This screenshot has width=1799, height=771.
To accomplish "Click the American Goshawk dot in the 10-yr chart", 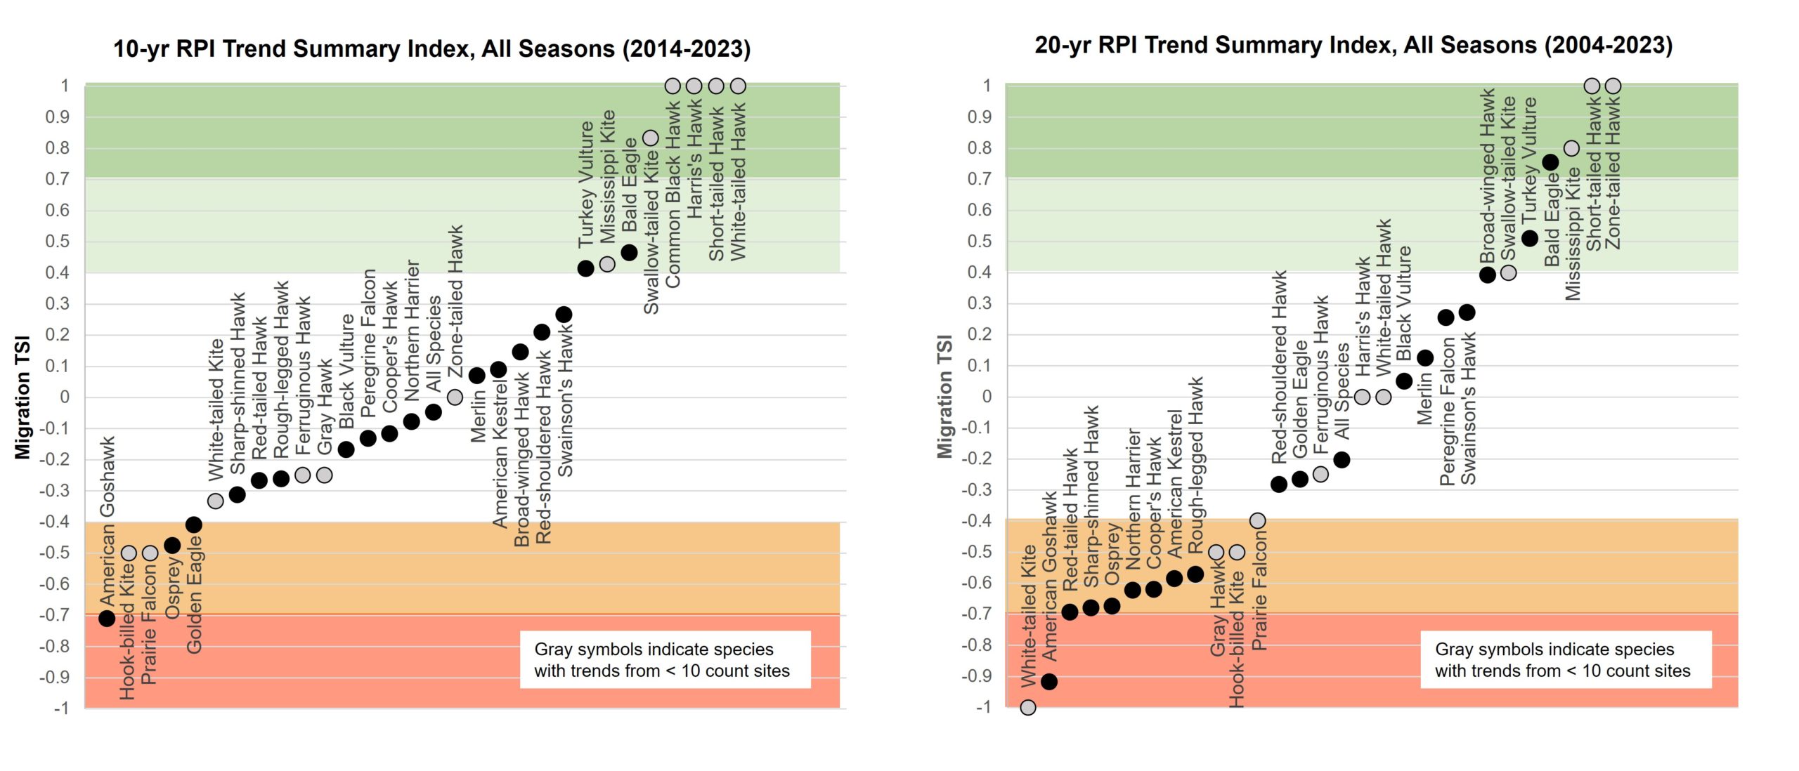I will tap(107, 619).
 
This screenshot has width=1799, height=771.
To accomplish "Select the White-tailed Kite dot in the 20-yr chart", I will tap(1028, 707).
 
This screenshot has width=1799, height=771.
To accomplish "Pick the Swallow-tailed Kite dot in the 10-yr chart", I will tap(651, 138).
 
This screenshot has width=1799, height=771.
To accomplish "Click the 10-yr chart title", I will tap(431, 49).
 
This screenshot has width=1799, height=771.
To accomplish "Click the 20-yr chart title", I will tap(1353, 46).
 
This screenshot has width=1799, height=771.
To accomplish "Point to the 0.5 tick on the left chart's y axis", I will tap(58, 242).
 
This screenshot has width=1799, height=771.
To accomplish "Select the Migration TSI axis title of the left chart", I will tap(23, 397).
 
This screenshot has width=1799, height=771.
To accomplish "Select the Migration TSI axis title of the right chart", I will tap(945, 396).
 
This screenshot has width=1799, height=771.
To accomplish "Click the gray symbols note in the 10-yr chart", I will tap(665, 660).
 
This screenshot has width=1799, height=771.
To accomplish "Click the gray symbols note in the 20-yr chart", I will tap(1565, 660).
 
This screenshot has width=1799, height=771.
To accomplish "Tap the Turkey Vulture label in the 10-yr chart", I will tap(586, 184).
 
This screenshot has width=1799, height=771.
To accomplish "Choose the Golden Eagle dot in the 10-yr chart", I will tap(194, 525).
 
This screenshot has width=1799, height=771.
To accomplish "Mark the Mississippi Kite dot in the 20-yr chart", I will tap(1571, 149).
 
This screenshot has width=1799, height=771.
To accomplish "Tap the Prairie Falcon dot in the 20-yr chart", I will tap(1258, 521).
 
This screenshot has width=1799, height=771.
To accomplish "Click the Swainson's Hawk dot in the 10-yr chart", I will tap(564, 315).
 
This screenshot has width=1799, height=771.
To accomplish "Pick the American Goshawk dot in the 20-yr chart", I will tap(1049, 682).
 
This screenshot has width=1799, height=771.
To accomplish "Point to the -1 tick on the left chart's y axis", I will tap(62, 708).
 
